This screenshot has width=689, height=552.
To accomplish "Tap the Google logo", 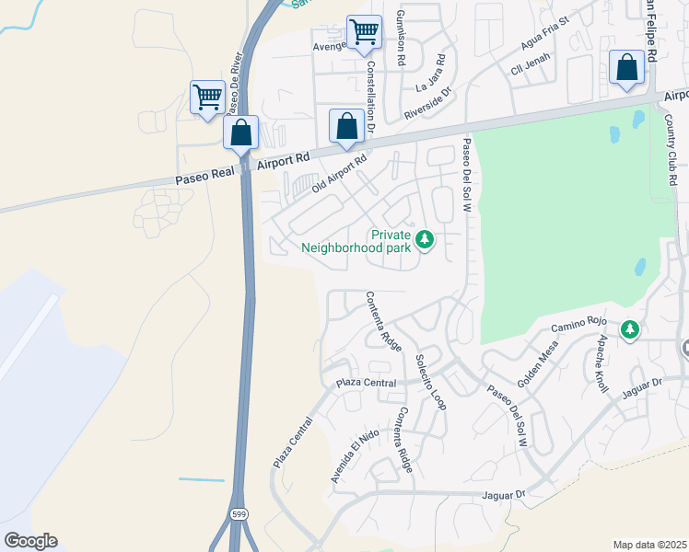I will point(30,541).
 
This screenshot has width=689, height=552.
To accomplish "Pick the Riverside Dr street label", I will point(429,104).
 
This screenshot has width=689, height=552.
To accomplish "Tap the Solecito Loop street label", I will point(430,381).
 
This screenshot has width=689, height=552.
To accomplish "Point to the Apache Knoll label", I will point(601,362).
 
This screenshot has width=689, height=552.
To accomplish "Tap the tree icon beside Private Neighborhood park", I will point(424,241).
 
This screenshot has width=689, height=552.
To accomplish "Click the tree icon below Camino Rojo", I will point(629,329).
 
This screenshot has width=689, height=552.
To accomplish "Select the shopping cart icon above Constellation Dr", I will point(364,32).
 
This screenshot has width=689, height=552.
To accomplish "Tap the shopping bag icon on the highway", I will point(240,132).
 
